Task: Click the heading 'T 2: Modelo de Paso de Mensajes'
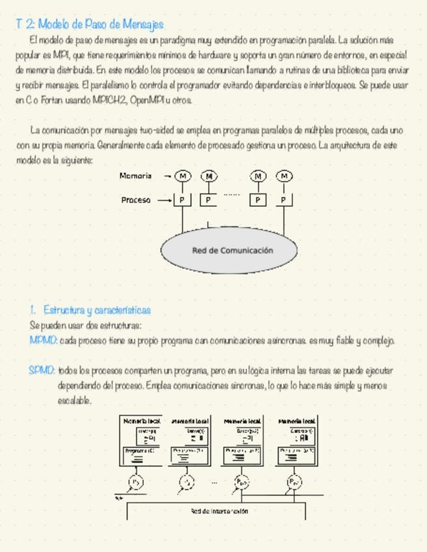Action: (89, 25)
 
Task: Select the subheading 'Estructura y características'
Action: (97, 310)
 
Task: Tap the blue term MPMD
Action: (43, 340)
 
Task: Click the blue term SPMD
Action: (42, 370)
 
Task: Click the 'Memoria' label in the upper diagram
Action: (135, 176)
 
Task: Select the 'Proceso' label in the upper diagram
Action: (135, 200)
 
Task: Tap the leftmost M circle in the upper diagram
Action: (183, 176)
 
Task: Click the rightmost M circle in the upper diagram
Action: (284, 176)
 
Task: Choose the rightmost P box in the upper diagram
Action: (284, 200)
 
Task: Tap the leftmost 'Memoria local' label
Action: (141, 421)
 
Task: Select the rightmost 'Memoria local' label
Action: (297, 421)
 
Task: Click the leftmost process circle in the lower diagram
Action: (135, 482)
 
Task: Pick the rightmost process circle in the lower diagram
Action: (294, 482)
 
